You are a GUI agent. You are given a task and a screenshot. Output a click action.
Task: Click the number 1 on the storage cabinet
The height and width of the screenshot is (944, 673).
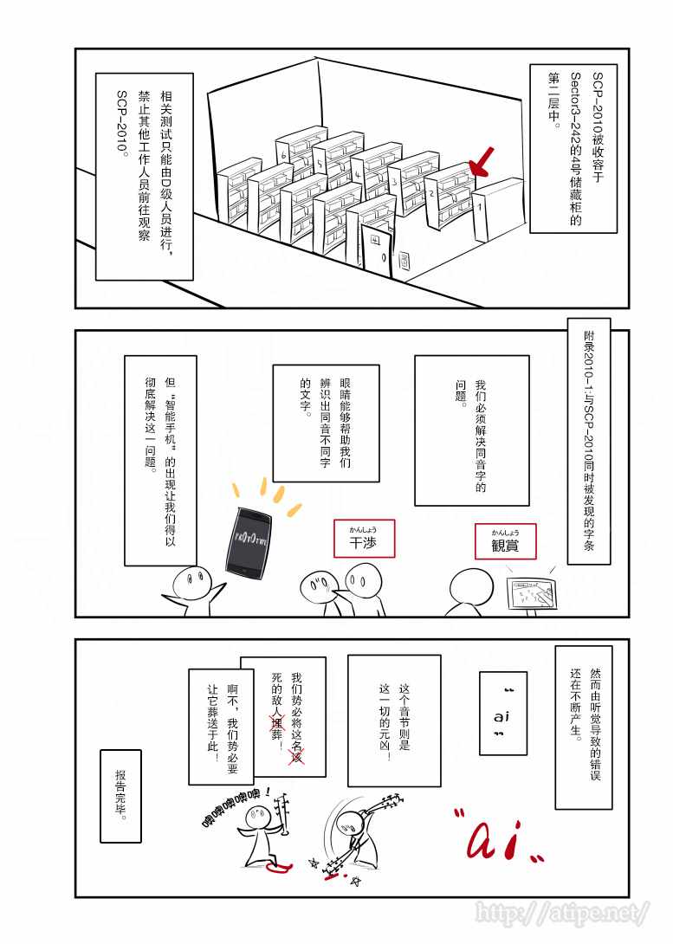480,209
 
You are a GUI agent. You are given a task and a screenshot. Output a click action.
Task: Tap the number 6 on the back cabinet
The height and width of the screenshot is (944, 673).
284,154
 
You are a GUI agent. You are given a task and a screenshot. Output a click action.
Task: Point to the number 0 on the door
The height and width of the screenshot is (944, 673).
384,258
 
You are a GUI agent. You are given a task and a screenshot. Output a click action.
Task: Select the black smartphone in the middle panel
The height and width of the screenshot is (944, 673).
248,540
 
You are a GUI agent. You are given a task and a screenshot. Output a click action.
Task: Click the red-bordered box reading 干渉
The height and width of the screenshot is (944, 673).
364,540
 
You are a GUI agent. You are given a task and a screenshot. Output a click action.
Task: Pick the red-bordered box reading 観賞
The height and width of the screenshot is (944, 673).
505,541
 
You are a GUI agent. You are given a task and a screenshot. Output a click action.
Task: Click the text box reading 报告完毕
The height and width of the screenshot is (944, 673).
120,796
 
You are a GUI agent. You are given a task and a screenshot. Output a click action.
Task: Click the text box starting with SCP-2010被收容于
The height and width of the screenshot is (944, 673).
573,147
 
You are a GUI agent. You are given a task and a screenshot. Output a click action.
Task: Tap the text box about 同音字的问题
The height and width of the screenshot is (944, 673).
471,430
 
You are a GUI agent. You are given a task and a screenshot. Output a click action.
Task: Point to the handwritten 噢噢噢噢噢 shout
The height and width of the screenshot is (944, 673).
236,798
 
